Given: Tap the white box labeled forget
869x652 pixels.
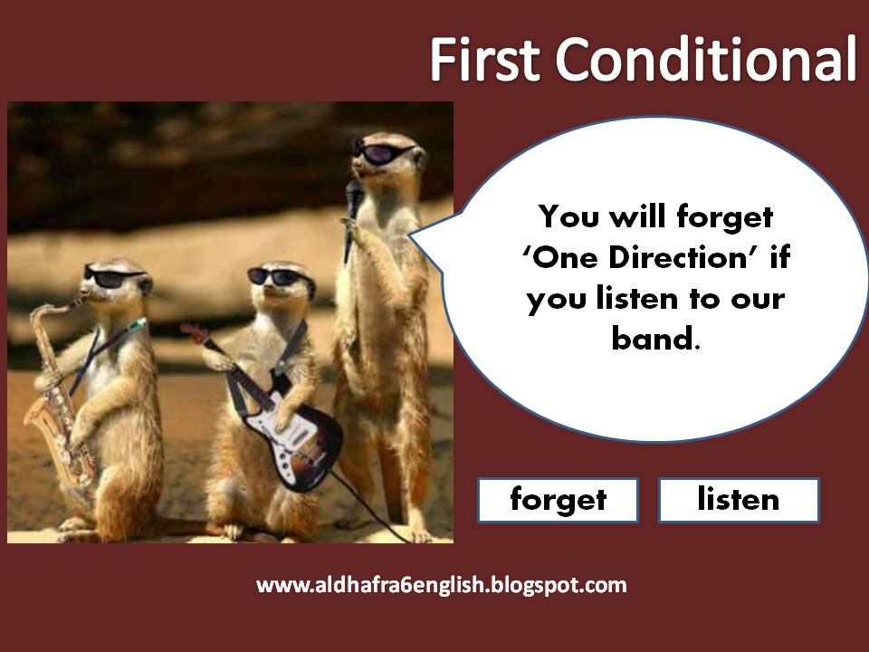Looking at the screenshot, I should click(x=558, y=500).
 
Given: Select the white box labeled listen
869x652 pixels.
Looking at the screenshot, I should click(x=738, y=500).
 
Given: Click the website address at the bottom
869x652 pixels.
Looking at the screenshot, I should click(x=442, y=585).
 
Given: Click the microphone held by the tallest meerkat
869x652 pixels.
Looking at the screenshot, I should click(x=351, y=203).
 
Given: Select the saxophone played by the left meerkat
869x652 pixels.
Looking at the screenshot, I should click(x=56, y=389).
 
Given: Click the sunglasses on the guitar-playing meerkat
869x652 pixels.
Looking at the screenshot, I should click(x=275, y=277).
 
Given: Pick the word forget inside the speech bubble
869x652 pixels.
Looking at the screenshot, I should click(x=730, y=217).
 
